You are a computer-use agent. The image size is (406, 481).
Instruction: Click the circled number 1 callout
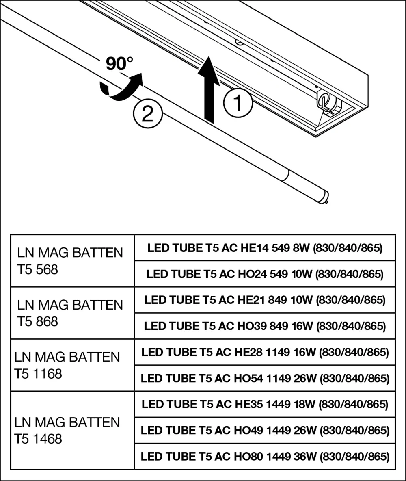point(238,103)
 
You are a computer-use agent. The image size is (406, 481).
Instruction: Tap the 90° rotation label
point(119,64)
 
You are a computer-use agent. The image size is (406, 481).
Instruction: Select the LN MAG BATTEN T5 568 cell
point(72,260)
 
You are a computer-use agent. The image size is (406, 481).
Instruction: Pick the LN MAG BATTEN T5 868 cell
point(72,313)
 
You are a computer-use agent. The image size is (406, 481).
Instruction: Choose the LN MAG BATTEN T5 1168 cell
point(72,365)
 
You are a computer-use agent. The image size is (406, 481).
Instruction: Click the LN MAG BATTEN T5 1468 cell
point(72,430)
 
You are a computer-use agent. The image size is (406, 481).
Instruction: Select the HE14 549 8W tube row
point(265,248)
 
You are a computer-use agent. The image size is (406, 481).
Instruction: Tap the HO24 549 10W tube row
point(265,274)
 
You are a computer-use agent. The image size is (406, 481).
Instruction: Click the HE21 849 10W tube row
point(265,300)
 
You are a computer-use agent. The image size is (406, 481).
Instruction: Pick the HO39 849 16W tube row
point(265,326)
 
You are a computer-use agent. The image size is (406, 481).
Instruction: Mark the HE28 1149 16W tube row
point(265,352)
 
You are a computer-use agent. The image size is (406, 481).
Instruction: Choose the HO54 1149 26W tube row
point(265,378)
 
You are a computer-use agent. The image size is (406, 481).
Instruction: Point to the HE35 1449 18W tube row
point(265,404)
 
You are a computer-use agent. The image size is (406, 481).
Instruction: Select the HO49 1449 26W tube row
point(265,430)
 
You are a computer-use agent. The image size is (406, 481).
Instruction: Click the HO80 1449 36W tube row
point(265,456)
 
